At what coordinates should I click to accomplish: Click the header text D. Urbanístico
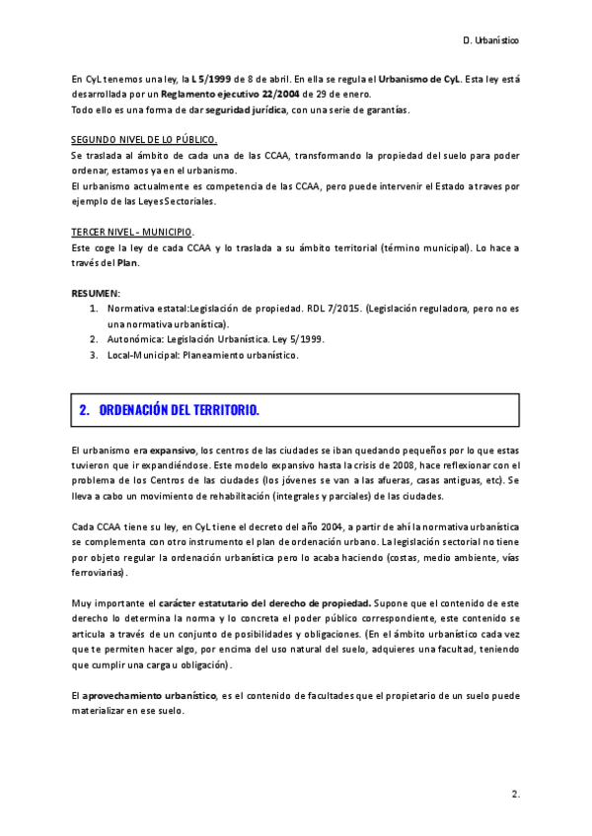[x=490, y=41]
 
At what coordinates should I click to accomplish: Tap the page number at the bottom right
[x=515, y=793]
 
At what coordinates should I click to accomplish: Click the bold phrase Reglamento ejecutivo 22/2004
[x=208, y=94]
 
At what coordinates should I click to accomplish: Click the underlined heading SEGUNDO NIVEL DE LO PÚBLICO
[x=144, y=141]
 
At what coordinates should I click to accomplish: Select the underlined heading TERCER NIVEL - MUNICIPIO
[x=131, y=230]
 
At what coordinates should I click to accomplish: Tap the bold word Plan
[x=127, y=262]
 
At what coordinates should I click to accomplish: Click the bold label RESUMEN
[x=95, y=294]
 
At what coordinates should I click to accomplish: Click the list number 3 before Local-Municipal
[x=94, y=354]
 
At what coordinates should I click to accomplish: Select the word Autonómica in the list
[x=134, y=339]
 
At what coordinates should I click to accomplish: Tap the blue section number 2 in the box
[x=84, y=409]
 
